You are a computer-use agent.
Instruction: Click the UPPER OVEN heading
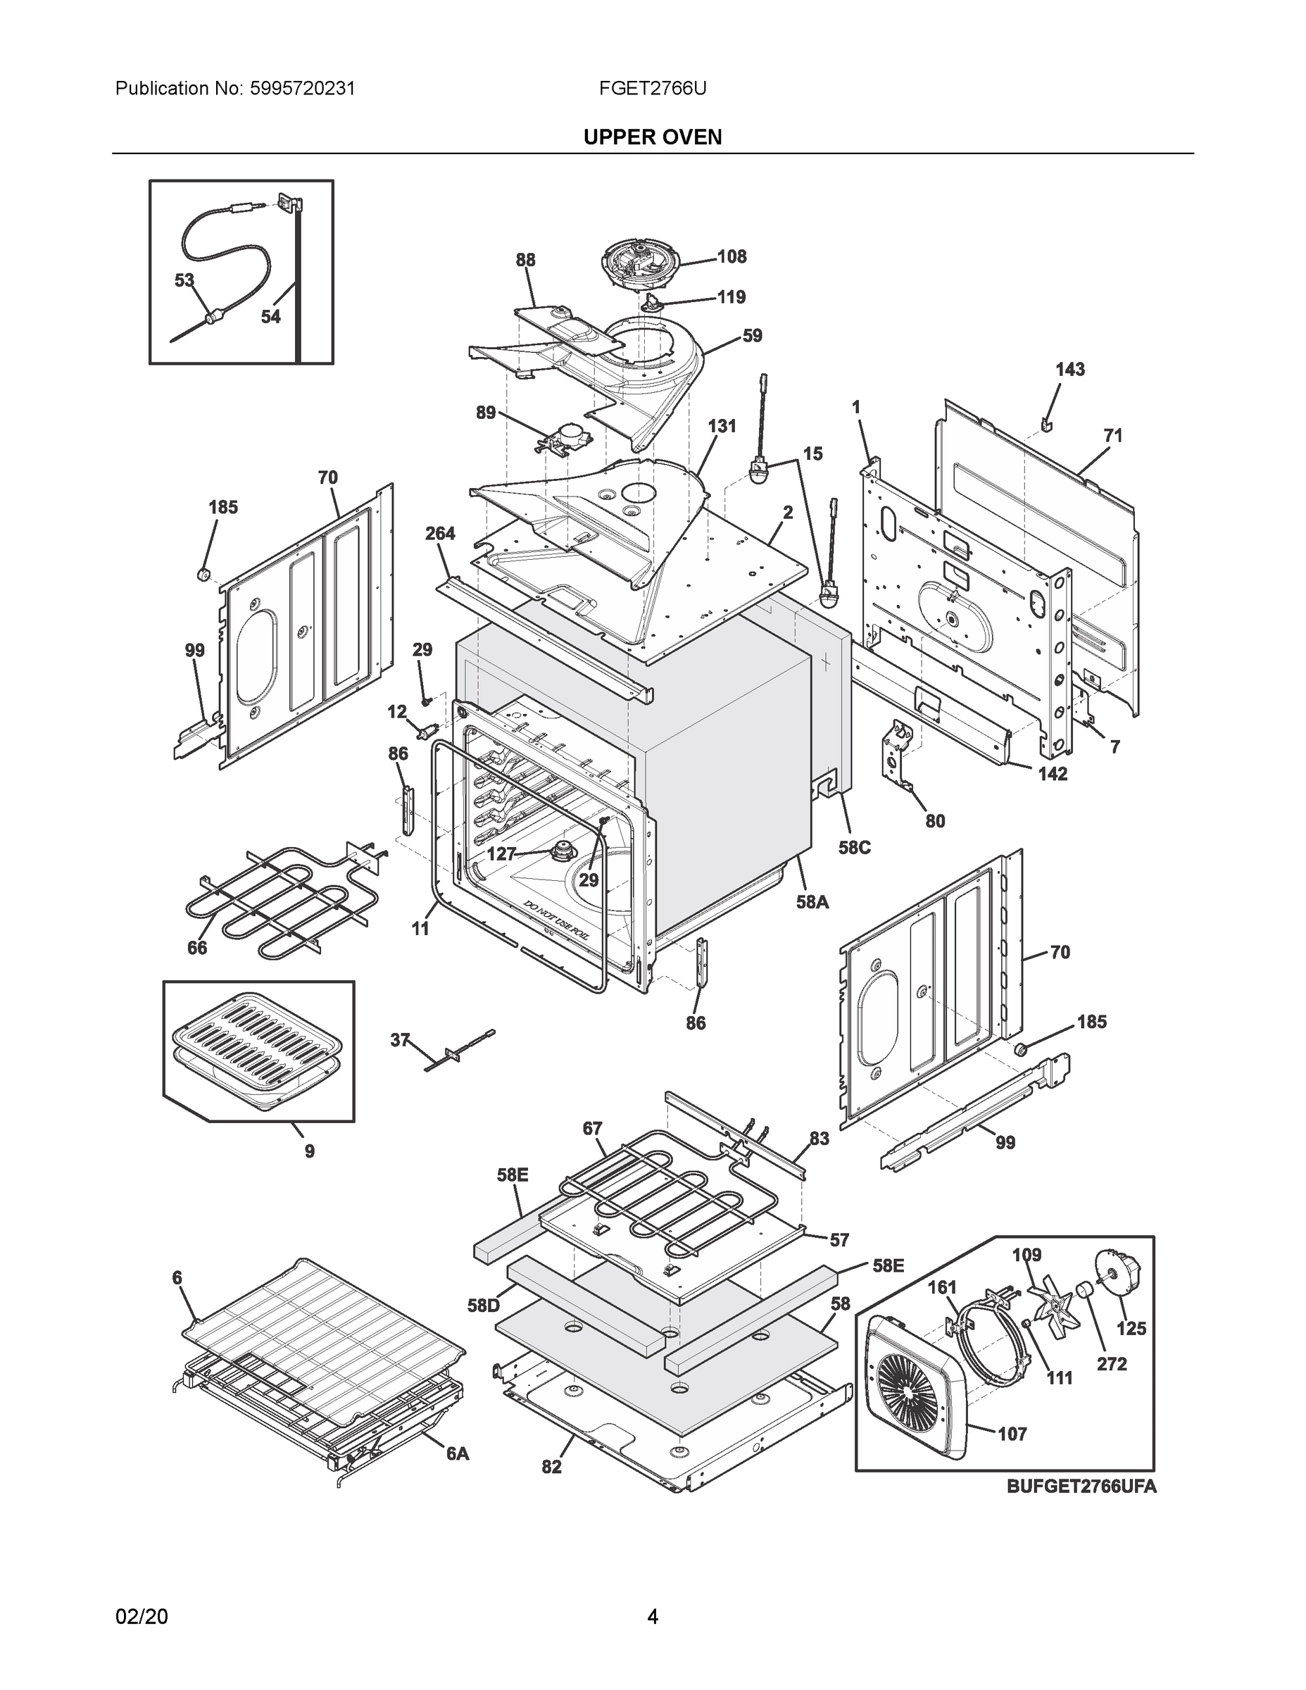coord(652,137)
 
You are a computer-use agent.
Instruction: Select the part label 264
coord(440,533)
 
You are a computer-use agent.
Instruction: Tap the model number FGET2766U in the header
coord(652,88)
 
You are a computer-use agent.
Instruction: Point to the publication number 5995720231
coord(302,88)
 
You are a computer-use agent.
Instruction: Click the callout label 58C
coord(854,847)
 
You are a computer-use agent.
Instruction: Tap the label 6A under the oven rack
coord(457,1454)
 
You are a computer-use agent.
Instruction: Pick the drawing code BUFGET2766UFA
coord(1081,1486)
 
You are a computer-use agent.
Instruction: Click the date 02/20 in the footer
coord(142,1617)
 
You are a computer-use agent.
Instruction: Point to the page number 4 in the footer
coord(652,1617)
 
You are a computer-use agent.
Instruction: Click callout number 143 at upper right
coord(1070,370)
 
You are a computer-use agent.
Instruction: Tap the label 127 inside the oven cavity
coord(501,853)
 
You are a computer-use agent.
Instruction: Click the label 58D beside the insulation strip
coord(484,1306)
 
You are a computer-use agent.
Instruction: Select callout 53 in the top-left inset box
coord(184,280)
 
